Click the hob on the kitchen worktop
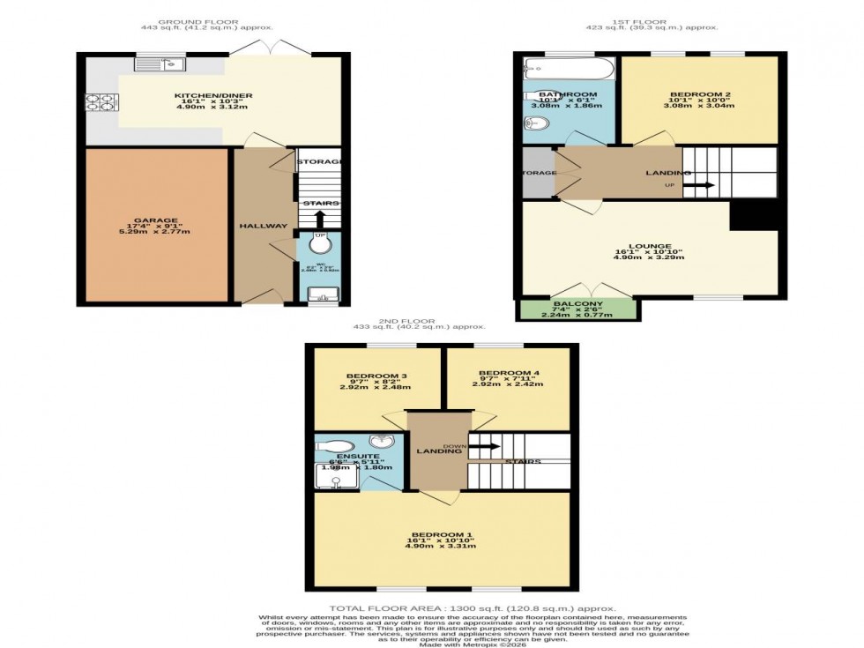pos(97,105)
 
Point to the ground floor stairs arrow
pos(318,217)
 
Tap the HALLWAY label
pos(263,227)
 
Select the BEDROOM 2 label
pos(699,93)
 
